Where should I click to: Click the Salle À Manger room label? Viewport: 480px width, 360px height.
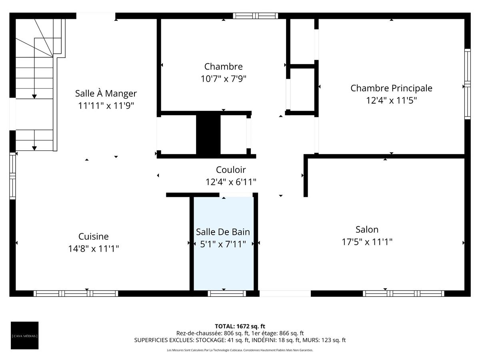(106, 93)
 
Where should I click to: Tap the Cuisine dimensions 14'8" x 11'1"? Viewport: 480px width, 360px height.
(94, 249)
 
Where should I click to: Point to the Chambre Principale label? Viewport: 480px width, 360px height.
(391, 88)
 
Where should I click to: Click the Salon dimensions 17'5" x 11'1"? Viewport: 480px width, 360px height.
(367, 242)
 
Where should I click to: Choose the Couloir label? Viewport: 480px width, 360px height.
(231, 170)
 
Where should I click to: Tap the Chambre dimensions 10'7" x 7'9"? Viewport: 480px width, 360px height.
(223, 79)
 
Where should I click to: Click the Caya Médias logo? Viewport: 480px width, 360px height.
(25, 335)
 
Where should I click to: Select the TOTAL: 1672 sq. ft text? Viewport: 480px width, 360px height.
(240, 326)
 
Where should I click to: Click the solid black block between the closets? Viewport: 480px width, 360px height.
(208, 135)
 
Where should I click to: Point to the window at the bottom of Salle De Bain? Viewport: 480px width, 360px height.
(227, 294)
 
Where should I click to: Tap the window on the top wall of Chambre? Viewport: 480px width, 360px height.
(255, 16)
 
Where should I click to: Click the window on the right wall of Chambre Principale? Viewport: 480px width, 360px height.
(467, 84)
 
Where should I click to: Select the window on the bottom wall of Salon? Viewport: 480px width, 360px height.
(403, 294)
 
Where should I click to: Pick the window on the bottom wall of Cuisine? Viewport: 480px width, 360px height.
(76, 294)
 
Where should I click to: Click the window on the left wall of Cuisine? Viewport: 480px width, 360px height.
(12, 176)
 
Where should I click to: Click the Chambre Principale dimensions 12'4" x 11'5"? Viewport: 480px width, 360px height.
(391, 100)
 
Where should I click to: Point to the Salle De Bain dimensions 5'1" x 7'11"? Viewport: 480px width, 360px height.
(223, 244)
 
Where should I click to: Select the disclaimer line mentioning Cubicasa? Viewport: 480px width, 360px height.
(240, 350)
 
